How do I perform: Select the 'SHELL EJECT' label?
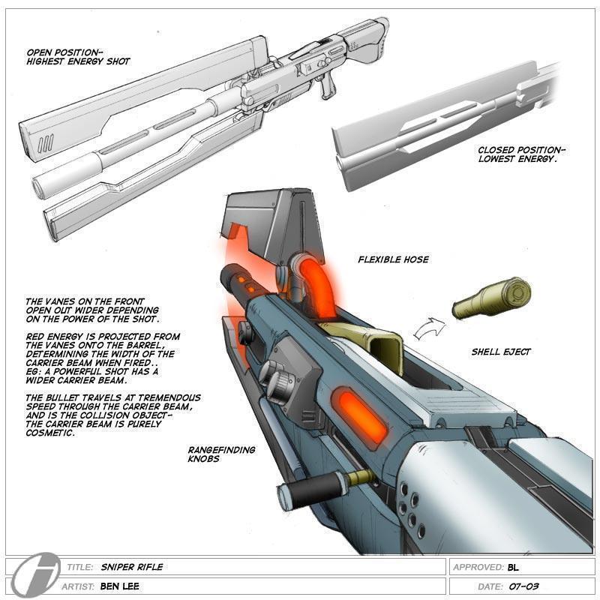(x=501, y=351)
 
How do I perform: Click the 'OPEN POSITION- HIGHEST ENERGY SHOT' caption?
(x=78, y=57)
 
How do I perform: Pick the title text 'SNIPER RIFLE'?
(x=131, y=568)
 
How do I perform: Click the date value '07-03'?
(x=523, y=586)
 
